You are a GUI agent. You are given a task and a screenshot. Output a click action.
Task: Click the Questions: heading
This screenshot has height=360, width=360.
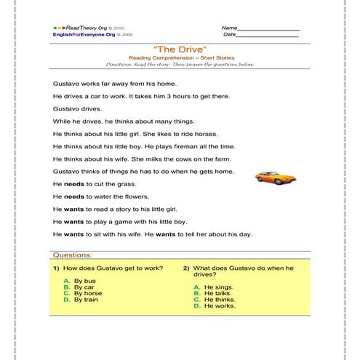click(73, 255)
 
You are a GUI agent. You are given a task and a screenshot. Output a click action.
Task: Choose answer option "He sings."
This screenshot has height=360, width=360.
click(218, 287)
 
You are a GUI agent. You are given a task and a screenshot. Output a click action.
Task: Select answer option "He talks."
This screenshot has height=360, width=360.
click(218, 293)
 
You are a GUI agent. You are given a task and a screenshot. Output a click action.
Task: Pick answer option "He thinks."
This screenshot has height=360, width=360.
click(220, 300)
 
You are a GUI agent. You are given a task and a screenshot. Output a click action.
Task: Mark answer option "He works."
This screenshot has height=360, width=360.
click(219, 306)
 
